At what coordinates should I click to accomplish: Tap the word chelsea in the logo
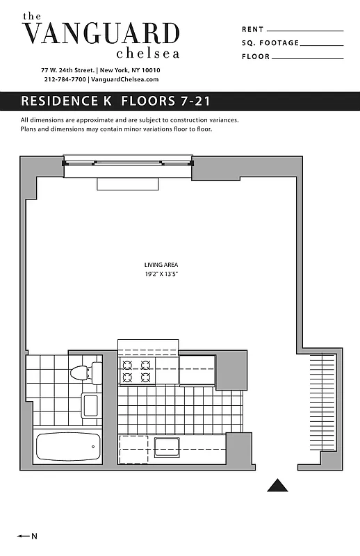click(x=148, y=53)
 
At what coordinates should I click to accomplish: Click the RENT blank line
click(x=304, y=31)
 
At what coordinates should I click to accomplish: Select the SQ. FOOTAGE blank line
click(x=322, y=44)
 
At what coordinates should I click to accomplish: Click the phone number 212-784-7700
click(x=65, y=80)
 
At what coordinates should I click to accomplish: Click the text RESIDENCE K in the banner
click(x=68, y=101)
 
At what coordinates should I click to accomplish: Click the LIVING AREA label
click(x=158, y=265)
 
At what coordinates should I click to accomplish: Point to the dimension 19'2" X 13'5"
click(x=158, y=275)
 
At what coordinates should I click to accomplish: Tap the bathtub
click(x=67, y=448)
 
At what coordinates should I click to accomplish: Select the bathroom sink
click(x=90, y=405)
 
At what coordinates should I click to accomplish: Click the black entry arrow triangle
click(x=277, y=485)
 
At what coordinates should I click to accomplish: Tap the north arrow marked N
click(x=27, y=536)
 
